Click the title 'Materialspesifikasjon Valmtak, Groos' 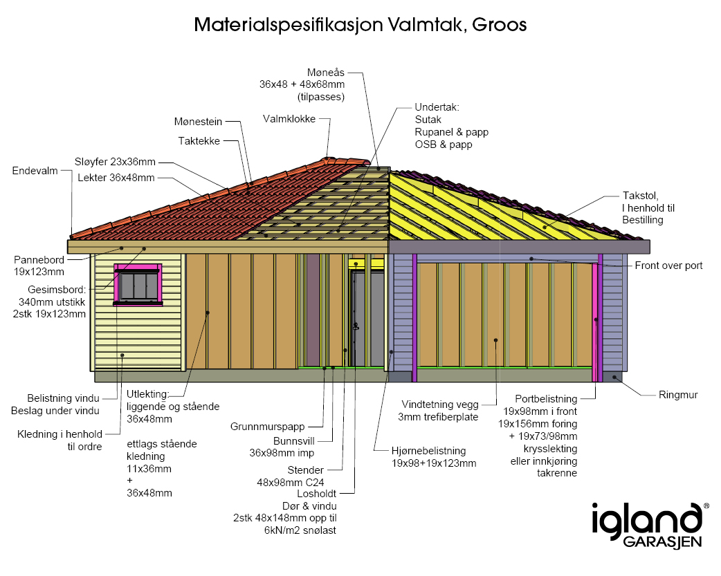pos(360,26)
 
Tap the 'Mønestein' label pos(198,122)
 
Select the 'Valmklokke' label pos(289,119)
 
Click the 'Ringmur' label pos(678,395)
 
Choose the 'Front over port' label pos(668,266)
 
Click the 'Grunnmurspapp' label pos(267,427)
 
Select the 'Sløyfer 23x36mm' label pos(115,162)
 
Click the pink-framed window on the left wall pos(138,284)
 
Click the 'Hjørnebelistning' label pos(428,451)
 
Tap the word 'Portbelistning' pos(546,399)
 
